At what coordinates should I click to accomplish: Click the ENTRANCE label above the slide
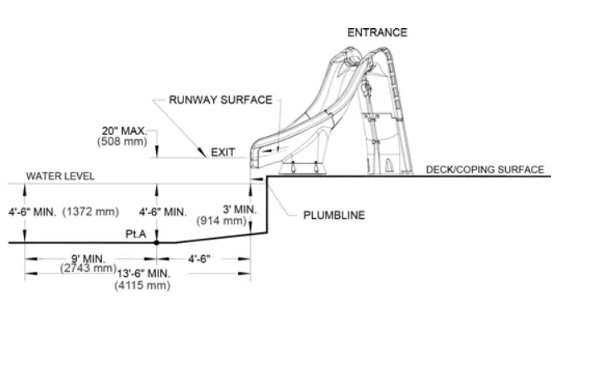click(377, 33)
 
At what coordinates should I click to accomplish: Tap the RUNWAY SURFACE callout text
click(221, 100)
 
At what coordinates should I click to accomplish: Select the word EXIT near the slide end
click(223, 153)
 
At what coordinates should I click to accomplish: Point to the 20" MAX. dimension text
click(124, 131)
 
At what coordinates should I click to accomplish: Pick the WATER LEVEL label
click(61, 177)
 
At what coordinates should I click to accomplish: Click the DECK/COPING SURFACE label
click(485, 170)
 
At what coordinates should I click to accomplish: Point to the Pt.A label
click(136, 234)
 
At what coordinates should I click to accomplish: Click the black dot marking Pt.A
click(156, 243)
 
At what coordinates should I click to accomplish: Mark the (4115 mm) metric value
click(143, 286)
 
